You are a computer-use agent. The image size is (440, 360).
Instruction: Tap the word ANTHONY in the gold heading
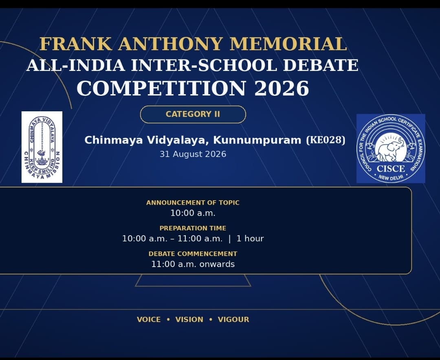[x=170, y=44]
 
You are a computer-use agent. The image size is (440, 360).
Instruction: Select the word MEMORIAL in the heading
[x=288, y=44]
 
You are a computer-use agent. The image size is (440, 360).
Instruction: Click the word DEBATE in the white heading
[x=321, y=65]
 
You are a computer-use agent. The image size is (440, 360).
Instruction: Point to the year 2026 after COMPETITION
[x=282, y=88]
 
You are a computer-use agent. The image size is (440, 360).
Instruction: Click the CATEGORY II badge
[x=193, y=114]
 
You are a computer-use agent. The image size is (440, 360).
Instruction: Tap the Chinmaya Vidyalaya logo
[x=42, y=147]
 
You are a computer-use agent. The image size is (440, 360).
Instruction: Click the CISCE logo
[x=391, y=148]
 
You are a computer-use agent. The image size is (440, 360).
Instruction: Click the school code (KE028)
[x=326, y=140]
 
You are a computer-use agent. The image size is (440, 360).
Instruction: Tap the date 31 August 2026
[x=193, y=154]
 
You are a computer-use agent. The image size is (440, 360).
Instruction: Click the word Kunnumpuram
[x=257, y=140]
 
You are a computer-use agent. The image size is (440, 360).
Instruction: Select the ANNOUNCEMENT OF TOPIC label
[x=193, y=203]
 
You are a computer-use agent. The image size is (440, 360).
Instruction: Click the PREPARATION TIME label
[x=193, y=228]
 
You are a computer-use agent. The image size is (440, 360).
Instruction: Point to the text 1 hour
[x=250, y=239]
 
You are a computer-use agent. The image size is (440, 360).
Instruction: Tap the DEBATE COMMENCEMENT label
[x=193, y=254]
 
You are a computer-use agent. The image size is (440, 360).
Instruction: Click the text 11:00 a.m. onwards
[x=193, y=264]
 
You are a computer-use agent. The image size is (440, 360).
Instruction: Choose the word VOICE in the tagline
[x=149, y=320]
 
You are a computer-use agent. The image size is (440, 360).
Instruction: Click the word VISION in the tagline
[x=189, y=320]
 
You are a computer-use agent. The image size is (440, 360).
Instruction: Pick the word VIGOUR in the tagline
[x=233, y=320]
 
